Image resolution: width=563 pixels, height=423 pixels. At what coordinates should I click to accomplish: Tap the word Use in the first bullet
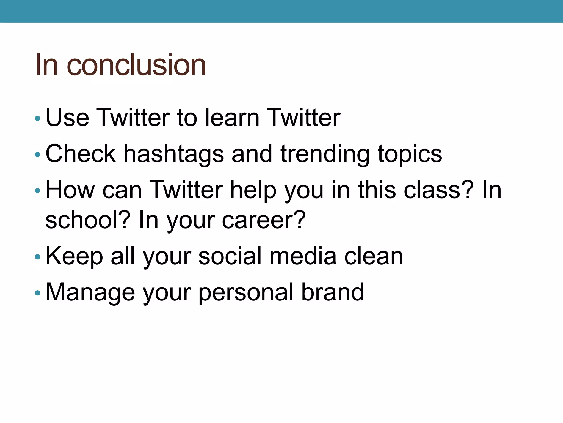coord(67,118)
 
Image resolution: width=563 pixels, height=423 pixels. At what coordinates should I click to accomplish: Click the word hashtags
coord(173,154)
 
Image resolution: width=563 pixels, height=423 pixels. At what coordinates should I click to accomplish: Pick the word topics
coord(410,154)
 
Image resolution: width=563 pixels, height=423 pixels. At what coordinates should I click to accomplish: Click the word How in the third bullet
coord(70,190)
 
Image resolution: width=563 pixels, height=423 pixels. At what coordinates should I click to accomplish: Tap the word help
coord(253,190)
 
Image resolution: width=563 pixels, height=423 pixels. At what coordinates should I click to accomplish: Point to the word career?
coord(264,220)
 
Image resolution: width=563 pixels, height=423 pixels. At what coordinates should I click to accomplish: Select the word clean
coord(374,256)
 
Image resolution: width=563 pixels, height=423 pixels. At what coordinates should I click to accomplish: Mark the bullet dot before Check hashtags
coord(38,155)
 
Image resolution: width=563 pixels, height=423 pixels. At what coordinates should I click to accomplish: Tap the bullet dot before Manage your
coord(38,293)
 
